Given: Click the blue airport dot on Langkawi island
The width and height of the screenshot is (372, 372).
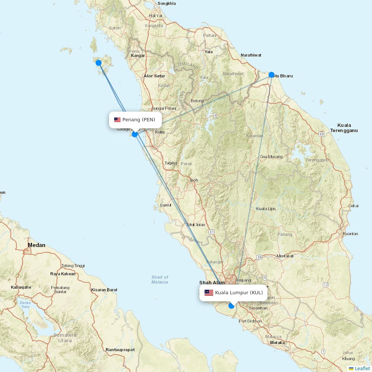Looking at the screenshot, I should click(x=99, y=63).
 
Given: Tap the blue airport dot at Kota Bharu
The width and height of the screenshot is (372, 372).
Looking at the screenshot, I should click(x=272, y=75).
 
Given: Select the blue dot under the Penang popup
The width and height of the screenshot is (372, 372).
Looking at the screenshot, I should click(x=135, y=134).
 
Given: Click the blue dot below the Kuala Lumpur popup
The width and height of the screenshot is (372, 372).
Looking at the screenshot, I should click(x=231, y=306).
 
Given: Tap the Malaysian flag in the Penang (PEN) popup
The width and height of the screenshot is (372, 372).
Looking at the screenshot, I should click(x=117, y=120).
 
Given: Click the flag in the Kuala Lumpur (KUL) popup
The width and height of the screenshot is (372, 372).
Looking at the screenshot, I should click(x=209, y=293).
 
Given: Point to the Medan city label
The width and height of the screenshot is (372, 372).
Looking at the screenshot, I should click(x=36, y=245).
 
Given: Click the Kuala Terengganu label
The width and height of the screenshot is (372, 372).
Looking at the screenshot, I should click(x=344, y=128).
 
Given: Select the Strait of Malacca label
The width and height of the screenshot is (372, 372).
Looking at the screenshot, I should click(x=160, y=279).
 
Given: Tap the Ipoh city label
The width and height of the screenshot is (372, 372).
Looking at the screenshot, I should click(x=194, y=180).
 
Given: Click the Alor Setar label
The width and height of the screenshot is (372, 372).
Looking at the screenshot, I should click(x=154, y=76).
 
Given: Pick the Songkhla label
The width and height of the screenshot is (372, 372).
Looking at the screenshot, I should click(x=167, y=3).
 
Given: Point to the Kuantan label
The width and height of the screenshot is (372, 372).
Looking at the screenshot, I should click(x=350, y=234).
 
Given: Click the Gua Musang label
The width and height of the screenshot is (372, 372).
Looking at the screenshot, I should click(x=271, y=157).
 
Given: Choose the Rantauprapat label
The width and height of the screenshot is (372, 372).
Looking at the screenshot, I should click(x=120, y=350).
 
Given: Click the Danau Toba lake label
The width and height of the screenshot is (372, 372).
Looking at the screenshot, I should click(x=25, y=304).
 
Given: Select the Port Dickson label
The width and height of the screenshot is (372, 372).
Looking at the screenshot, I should click(x=250, y=321).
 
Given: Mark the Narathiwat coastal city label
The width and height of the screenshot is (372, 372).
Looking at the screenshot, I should click(x=251, y=55).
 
